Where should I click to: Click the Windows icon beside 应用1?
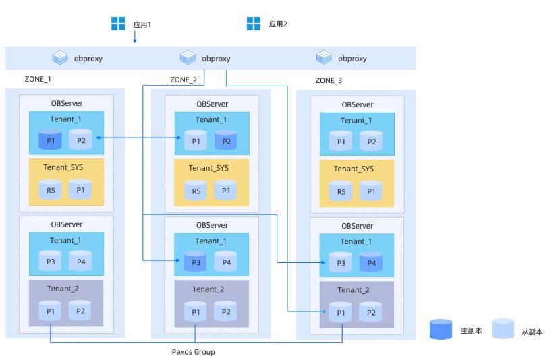119,24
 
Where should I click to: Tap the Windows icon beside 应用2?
254,24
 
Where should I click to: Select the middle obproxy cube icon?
188,58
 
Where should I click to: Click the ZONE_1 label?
38,79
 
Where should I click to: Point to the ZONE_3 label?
329,80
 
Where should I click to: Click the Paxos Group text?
194,351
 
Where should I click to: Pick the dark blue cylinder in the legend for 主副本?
441,330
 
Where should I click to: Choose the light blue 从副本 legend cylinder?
503,330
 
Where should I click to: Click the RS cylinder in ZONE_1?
51,190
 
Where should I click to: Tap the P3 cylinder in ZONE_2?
196,262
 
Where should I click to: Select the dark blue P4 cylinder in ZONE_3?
371,262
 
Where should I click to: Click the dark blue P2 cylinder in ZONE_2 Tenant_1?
226,142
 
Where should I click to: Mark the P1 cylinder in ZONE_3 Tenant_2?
341,312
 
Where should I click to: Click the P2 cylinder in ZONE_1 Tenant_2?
80,311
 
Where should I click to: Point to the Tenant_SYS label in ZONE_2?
208,168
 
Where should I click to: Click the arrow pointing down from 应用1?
134,38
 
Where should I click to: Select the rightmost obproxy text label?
352,59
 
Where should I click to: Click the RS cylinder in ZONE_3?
341,191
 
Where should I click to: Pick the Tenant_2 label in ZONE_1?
63,288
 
